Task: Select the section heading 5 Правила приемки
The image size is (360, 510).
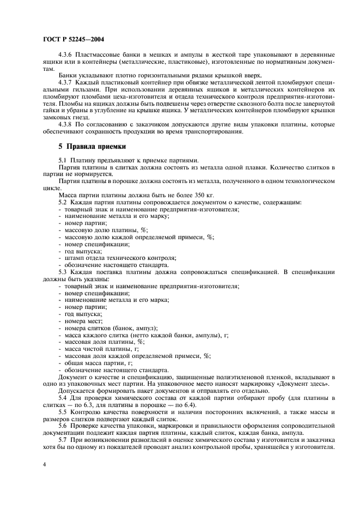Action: coord(92,147)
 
